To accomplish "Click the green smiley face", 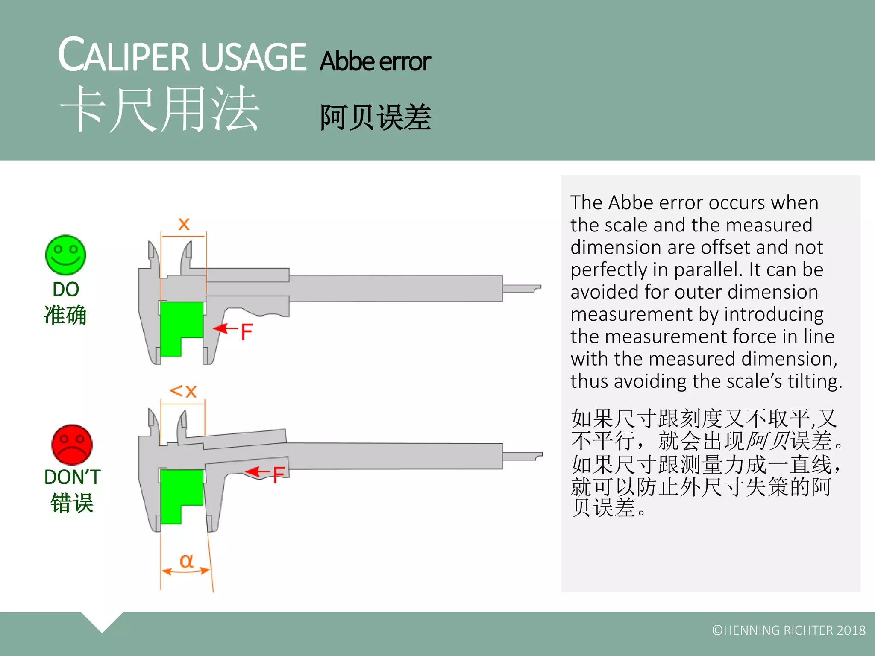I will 65,255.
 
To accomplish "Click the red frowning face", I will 72,445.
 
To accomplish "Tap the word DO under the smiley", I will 65,290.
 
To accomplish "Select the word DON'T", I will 72,477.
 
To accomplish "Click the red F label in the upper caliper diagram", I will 247,332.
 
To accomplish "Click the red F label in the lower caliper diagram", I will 279,475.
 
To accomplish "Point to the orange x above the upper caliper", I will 184,224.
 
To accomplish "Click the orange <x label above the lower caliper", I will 183,391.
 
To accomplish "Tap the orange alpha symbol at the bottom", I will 186,561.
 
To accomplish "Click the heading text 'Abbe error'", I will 375,61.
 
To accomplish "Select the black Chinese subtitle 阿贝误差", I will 376,117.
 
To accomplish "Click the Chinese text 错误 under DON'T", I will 72,503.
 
